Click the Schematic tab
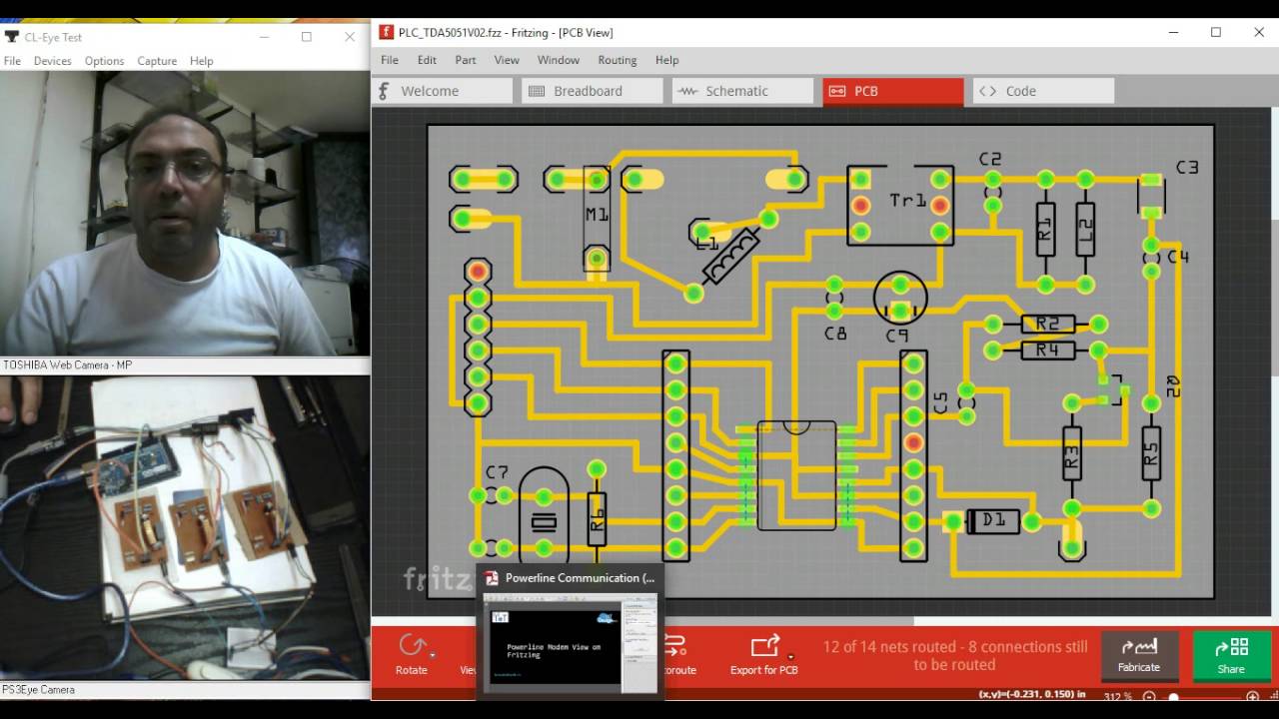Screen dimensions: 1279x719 click(736, 91)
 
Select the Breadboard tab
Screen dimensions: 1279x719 click(588, 91)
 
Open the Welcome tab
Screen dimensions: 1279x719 click(430, 91)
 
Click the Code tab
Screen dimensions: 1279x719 click(1020, 91)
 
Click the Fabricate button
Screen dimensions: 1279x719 click(1138, 654)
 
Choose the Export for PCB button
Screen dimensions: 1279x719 click(764, 654)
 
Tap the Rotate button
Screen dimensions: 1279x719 click(412, 654)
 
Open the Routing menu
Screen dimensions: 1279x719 click(617, 60)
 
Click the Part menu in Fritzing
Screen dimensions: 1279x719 click(466, 60)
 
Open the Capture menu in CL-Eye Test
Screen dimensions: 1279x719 click(157, 61)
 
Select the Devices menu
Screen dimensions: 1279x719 click(52, 61)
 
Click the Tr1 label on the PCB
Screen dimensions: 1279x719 click(907, 201)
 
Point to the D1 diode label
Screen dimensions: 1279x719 click(993, 520)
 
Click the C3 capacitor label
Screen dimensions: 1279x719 click(1186, 168)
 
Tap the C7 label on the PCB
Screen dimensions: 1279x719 click(497, 472)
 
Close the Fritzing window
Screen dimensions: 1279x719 click(1259, 33)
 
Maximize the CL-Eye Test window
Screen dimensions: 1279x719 click(307, 37)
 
